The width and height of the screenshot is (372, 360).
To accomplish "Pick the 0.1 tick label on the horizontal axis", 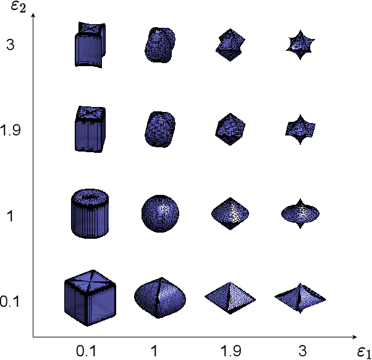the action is [x=86, y=351].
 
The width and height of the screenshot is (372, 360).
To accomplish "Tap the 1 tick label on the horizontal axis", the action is [x=154, y=351].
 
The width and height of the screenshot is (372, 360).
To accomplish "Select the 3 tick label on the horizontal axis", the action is [x=302, y=351].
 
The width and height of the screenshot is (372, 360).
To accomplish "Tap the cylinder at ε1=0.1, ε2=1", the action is [x=90, y=213].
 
